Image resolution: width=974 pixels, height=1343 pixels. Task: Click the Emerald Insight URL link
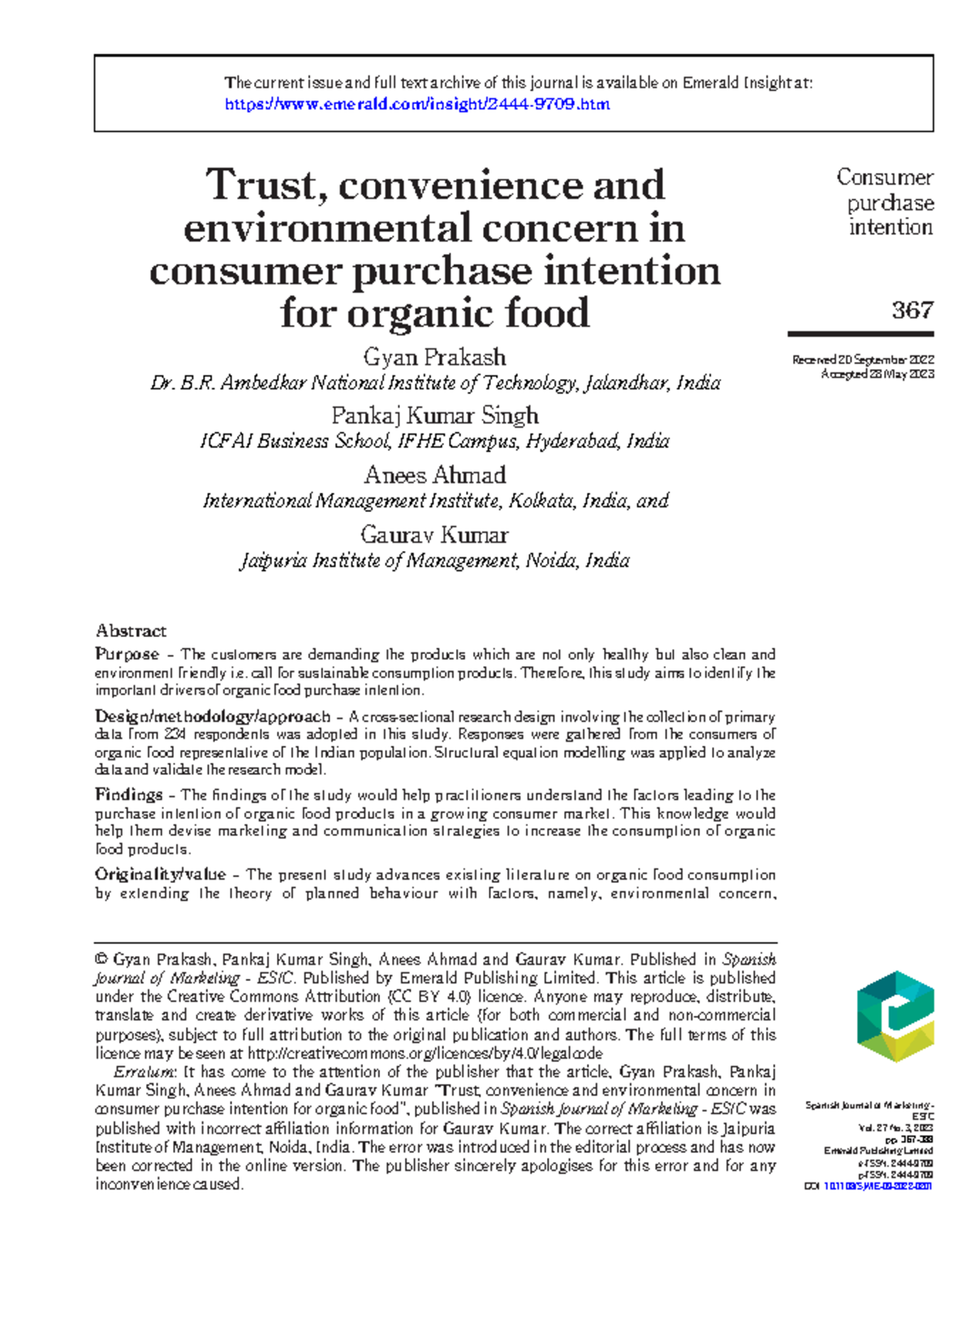416,104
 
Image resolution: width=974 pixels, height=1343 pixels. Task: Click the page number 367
912,310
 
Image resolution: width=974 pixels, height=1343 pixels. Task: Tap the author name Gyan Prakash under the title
434,357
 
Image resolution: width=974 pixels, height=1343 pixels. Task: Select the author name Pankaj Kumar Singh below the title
434,415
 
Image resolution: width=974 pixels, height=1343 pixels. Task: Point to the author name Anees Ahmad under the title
434,475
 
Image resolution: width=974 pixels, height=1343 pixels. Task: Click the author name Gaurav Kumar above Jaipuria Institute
434,535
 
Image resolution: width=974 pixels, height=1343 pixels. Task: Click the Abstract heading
131,631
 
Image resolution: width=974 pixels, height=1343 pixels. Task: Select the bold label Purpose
127,654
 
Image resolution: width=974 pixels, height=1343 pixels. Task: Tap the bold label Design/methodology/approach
213,717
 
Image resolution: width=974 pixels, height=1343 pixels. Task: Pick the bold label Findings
129,794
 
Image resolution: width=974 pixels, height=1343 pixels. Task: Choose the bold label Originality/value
160,874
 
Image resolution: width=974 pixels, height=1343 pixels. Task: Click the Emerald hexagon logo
895,1015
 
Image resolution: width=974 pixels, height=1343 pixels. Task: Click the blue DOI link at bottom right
877,1186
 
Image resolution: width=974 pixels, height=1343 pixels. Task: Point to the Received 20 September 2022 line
863,359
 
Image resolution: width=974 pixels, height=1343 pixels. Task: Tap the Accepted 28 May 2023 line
877,374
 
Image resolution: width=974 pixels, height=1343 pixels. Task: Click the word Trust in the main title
267,185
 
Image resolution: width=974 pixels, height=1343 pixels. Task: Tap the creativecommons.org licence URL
425,1053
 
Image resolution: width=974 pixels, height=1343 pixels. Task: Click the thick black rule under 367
860,334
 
